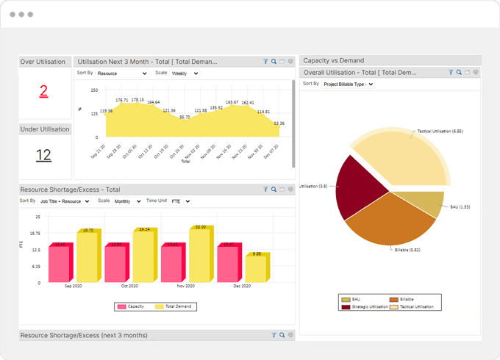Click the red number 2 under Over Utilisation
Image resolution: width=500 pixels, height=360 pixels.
coord(43,91)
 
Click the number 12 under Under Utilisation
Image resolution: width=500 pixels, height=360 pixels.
coord(43,155)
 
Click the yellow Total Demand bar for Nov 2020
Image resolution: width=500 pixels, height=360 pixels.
coord(200,256)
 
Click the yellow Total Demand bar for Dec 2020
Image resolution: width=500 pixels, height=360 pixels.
coord(257,268)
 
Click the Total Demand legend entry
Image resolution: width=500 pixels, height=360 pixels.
coord(176,306)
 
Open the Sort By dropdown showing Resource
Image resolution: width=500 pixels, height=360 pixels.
coord(122,73)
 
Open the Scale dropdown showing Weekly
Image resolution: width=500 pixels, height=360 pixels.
coord(185,73)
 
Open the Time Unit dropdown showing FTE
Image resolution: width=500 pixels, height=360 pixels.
coord(181,201)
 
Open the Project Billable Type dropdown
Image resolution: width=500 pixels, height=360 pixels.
coord(349,84)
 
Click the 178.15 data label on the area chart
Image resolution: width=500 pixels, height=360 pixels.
coord(137,99)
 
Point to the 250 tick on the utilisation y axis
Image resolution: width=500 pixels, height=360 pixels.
coord(94,90)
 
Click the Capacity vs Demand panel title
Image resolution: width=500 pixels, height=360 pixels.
coord(334,60)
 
